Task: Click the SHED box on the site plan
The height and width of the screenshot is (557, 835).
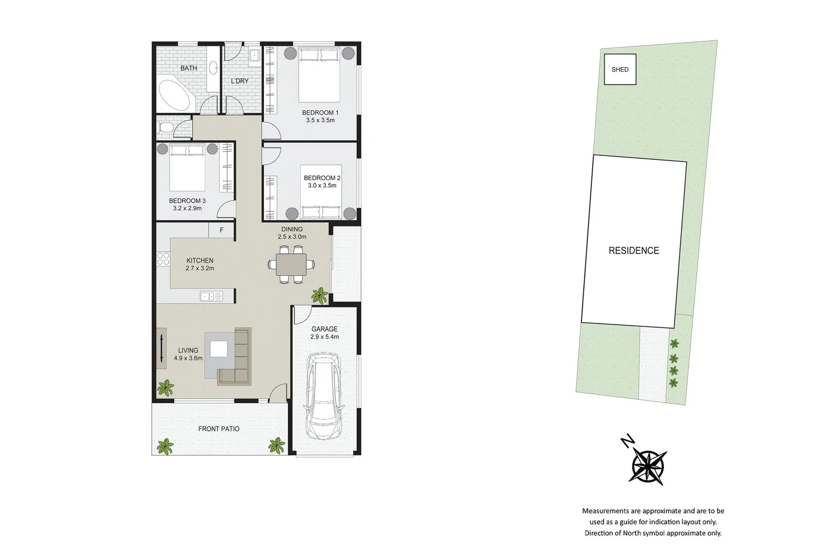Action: coord(620,69)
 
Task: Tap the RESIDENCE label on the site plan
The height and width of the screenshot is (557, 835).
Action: coord(633,251)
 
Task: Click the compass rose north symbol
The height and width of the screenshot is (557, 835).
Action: coord(648,465)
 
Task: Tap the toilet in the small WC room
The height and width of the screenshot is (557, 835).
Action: coord(165,128)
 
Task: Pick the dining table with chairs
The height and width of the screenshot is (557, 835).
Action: coord(291,265)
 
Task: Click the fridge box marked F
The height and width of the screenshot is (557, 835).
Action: coord(222,230)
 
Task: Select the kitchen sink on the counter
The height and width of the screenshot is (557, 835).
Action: coord(211,296)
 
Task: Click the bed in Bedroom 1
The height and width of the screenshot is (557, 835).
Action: coord(319,75)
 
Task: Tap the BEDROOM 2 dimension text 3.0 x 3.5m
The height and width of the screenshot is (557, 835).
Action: coord(322,186)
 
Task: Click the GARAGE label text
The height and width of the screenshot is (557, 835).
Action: coord(324,329)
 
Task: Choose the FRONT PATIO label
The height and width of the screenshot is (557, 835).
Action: coord(219,429)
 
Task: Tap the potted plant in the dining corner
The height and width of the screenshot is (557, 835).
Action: coord(320,296)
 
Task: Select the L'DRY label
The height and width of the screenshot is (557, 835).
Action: coord(240,81)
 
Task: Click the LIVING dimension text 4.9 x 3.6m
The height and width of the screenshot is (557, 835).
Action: coord(188,358)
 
